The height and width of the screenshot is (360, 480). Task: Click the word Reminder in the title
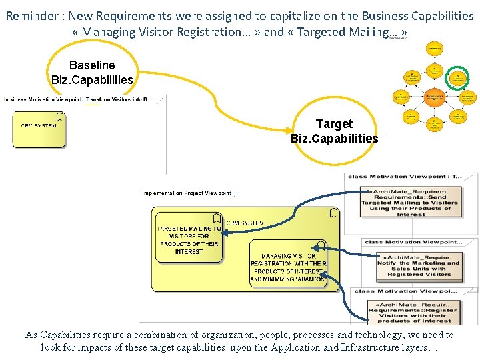tap(31, 15)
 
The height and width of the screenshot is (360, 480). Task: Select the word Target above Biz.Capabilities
tap(334, 124)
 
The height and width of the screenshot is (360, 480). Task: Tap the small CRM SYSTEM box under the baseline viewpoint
tap(39, 129)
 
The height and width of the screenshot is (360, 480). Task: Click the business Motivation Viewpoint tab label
tap(77, 100)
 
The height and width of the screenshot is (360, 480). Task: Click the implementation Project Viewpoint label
tap(186, 193)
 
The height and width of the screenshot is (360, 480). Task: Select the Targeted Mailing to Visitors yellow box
tap(189, 239)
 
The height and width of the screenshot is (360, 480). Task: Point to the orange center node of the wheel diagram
tap(434, 97)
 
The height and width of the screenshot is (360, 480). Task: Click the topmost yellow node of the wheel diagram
tap(434, 49)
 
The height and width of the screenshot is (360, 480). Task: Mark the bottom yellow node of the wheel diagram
tap(434, 124)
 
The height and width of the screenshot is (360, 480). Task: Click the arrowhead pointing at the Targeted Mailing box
tap(225, 232)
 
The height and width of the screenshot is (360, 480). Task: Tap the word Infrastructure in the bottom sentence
tap(362, 347)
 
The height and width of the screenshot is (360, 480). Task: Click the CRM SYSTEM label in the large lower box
tap(245, 223)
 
